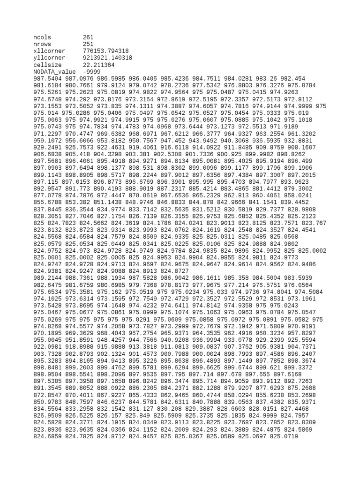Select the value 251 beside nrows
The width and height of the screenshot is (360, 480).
(x=88, y=44)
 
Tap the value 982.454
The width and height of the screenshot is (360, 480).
(x=293, y=78)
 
